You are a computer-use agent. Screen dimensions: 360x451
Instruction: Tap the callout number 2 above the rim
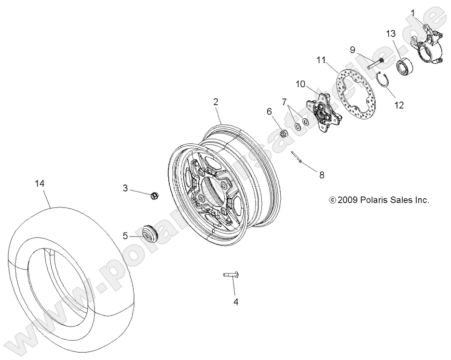point(216,101)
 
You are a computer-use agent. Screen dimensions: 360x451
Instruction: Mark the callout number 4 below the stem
point(236,302)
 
